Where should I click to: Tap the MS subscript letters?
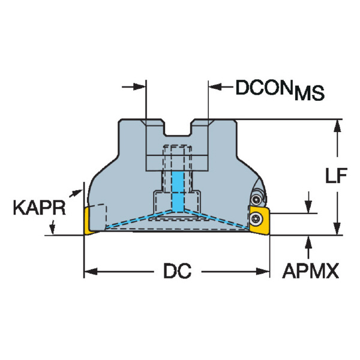tap(309, 93)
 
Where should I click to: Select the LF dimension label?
tap(336, 176)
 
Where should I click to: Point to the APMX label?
tap(311, 271)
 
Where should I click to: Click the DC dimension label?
tap(177, 271)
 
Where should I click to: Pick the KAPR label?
tap(39, 208)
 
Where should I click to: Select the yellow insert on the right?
tap(259, 220)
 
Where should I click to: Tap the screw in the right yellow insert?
tap(256, 218)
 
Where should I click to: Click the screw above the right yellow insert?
tap(256, 200)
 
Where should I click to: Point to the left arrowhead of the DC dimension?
tap(91, 272)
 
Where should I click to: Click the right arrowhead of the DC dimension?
tap(263, 272)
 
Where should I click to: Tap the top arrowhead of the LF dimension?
tap(337, 126)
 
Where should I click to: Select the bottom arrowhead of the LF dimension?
tap(337, 229)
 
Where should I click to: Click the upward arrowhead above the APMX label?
tap(309, 242)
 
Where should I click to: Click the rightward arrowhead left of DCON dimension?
tap(140, 87)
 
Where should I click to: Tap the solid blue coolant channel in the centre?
tap(178, 192)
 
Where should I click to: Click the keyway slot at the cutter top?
tap(178, 128)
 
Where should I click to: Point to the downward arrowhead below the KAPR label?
tap(53, 228)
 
